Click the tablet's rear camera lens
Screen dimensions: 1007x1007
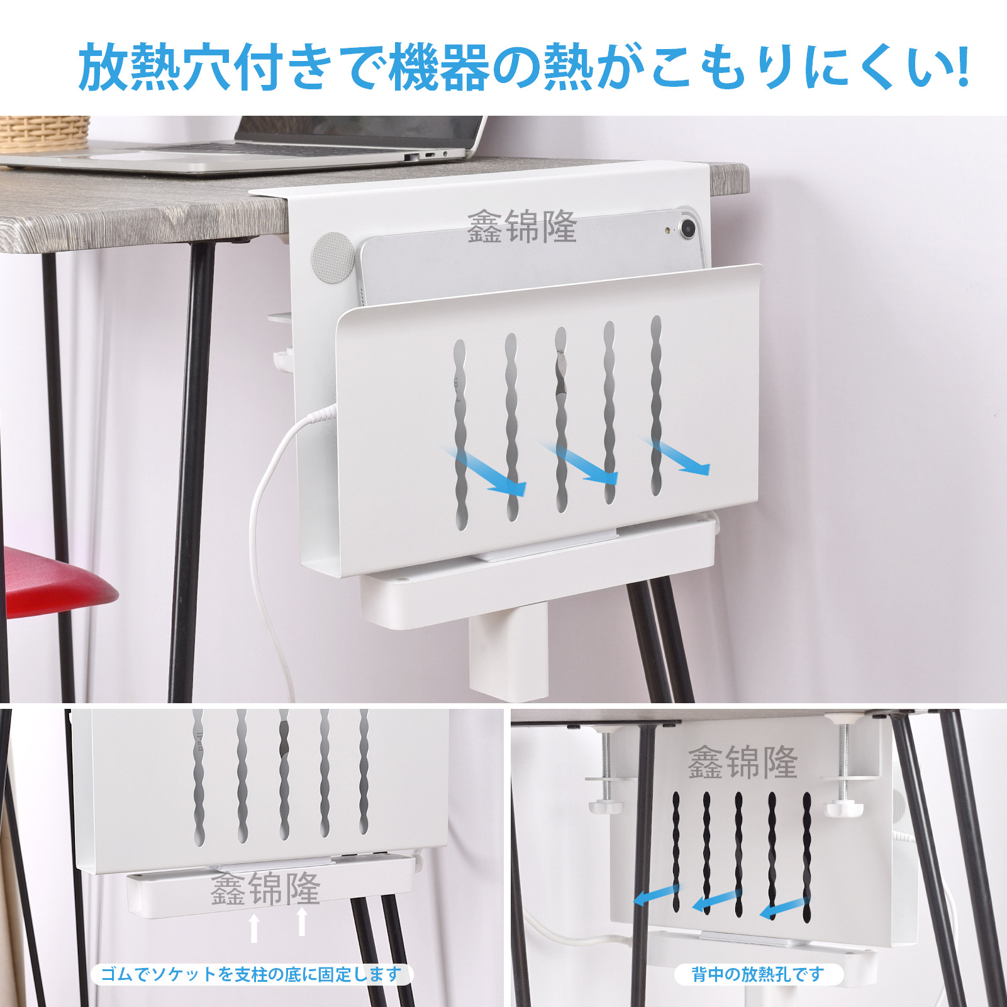pyautogui.click(x=687, y=227)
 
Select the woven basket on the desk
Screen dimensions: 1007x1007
pyautogui.click(x=44, y=133)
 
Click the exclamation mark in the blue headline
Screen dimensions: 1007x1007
pyautogui.click(x=960, y=65)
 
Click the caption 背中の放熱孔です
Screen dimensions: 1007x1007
pyautogui.click(x=758, y=975)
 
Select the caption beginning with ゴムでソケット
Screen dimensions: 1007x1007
pyautogui.click(x=251, y=975)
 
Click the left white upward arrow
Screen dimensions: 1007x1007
pyautogui.click(x=254, y=928)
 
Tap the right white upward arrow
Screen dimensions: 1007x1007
pyautogui.click(x=302, y=921)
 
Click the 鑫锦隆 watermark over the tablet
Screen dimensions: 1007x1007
pyautogui.click(x=521, y=227)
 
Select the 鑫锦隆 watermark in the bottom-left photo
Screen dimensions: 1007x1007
pyautogui.click(x=265, y=888)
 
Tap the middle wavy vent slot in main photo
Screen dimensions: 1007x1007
pyautogui.click(x=561, y=420)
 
